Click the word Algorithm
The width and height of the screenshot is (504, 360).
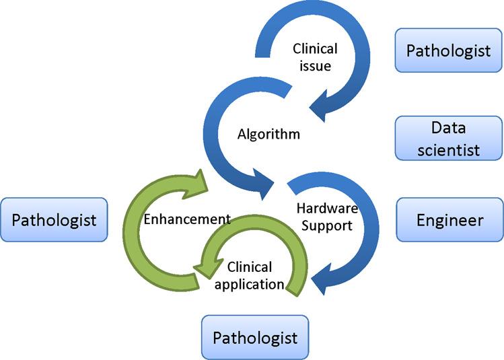(268, 134)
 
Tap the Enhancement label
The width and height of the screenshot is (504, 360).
(188, 219)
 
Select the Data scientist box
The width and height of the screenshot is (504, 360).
(449, 138)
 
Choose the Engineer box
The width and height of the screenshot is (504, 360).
(449, 219)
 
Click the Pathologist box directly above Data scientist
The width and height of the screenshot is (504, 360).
(449, 50)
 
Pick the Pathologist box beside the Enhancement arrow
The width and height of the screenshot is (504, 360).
(54, 219)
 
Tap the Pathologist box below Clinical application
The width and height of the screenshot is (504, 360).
(255, 336)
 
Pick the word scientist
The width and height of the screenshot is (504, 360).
(449, 149)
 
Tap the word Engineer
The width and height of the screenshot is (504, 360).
(449, 219)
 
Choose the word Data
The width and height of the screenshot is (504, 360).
(449, 127)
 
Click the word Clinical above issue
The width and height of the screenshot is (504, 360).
(315, 49)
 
